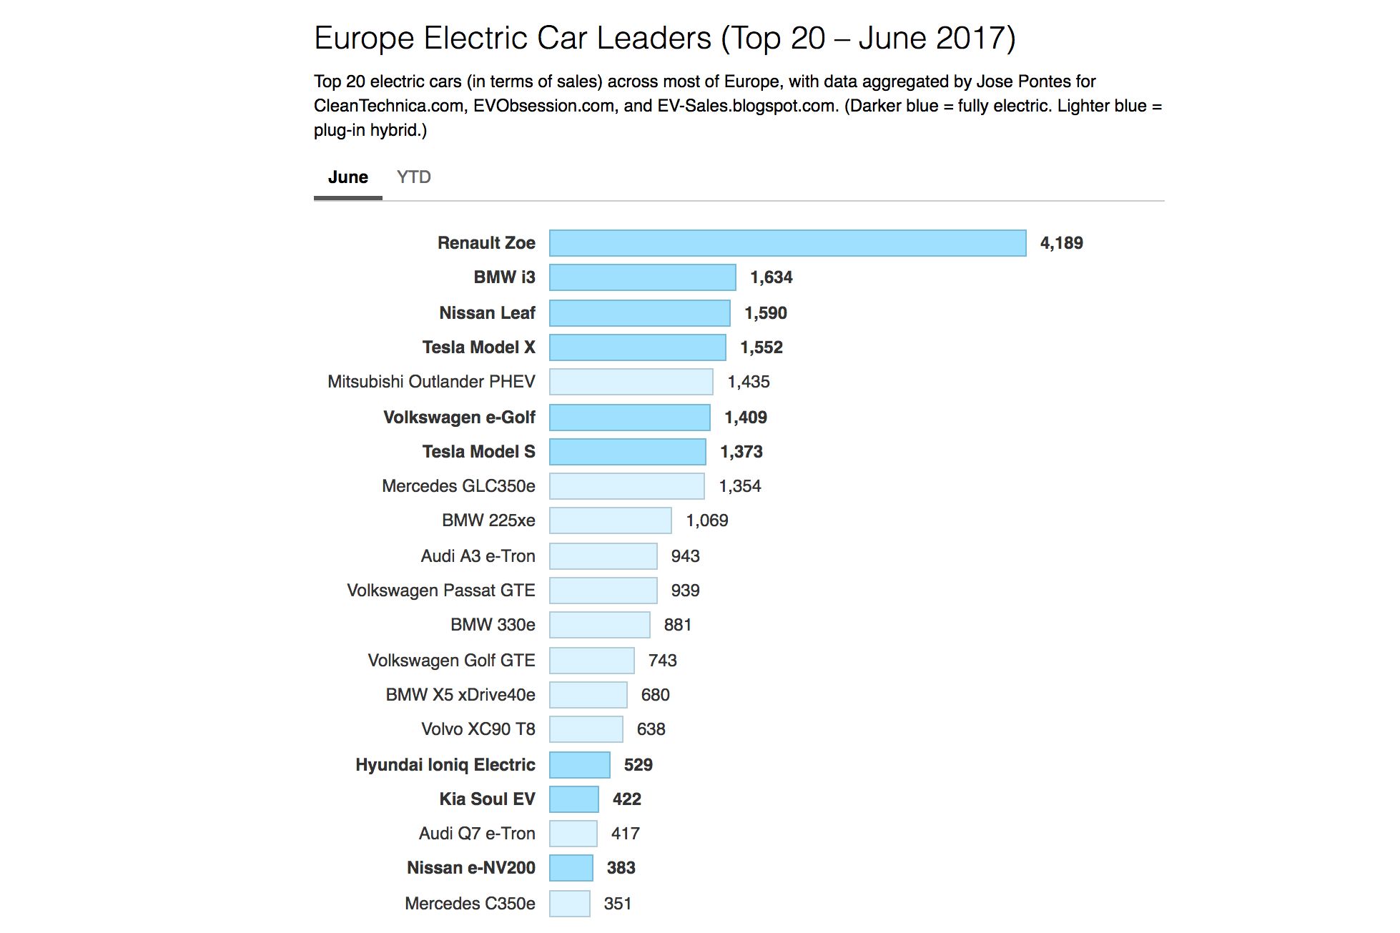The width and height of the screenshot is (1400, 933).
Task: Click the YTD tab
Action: [413, 177]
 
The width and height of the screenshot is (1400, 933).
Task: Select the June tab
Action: [348, 177]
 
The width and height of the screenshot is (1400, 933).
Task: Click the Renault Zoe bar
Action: [787, 243]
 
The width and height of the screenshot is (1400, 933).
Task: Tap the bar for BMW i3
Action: [642, 277]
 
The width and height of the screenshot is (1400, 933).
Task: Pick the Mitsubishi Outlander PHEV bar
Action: [631, 382]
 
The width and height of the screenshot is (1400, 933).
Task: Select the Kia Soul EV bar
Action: [573, 799]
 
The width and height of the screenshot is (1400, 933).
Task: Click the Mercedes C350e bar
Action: [569, 904]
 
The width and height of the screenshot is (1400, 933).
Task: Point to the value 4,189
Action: [1061, 243]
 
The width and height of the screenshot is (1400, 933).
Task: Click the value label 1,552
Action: [761, 347]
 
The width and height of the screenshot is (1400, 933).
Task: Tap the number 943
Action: [685, 556]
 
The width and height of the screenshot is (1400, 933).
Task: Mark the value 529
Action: [638, 765]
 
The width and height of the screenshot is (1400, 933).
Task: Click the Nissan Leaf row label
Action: [487, 313]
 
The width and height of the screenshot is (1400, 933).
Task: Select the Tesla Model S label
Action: [478, 452]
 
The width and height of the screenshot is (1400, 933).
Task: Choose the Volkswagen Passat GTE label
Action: [440, 591]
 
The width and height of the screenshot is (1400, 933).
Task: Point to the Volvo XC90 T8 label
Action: [478, 729]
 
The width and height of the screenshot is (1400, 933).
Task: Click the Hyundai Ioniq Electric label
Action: [445, 765]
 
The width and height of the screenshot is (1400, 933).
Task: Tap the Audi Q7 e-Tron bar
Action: [573, 834]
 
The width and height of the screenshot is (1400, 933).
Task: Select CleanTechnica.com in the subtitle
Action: [388, 106]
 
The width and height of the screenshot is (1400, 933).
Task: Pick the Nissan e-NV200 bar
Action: [571, 868]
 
